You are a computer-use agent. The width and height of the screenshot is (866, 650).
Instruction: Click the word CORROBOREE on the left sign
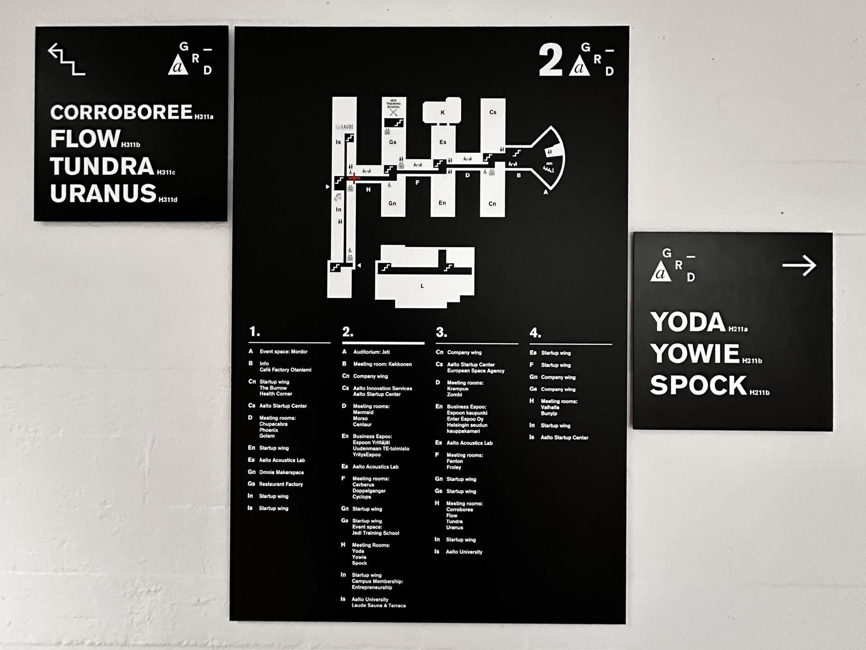click(x=121, y=112)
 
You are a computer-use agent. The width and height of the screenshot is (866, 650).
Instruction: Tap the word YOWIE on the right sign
click(x=695, y=354)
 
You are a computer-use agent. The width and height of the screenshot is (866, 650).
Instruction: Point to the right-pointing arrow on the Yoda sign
click(x=800, y=266)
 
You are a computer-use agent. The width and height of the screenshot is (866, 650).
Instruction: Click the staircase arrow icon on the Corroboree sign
click(x=66, y=59)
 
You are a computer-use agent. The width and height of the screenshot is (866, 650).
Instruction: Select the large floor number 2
click(x=550, y=61)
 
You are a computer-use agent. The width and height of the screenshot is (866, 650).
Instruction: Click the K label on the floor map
click(x=443, y=112)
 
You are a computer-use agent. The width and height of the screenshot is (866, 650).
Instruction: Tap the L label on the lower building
click(x=422, y=286)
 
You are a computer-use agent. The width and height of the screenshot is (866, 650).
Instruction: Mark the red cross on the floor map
click(x=353, y=178)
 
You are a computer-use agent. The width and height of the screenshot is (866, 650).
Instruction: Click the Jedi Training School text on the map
click(x=393, y=104)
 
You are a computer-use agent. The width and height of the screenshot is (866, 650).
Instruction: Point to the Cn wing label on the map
click(x=492, y=204)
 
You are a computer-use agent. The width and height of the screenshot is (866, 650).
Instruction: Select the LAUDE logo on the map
click(x=345, y=127)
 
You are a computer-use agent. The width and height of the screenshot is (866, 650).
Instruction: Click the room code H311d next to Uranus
click(x=168, y=200)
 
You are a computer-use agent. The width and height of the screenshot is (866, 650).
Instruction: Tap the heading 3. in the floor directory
click(x=441, y=333)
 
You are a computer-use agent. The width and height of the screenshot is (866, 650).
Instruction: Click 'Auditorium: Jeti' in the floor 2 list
click(x=371, y=352)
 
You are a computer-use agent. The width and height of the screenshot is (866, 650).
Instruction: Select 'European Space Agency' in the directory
click(x=476, y=371)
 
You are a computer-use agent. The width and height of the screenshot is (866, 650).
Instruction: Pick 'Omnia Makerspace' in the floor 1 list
click(x=281, y=472)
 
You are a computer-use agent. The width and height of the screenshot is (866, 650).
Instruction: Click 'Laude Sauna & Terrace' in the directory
click(x=379, y=606)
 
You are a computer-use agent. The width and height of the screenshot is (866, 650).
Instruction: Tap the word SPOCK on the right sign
click(x=698, y=385)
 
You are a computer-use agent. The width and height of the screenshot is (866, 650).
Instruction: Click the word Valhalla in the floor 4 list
click(x=550, y=407)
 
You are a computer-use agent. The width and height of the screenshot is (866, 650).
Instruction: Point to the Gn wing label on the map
click(x=392, y=204)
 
